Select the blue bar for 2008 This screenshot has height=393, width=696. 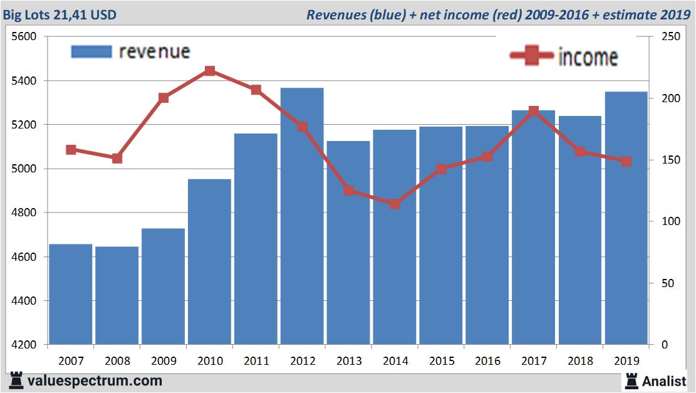[117, 295]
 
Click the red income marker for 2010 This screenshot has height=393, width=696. [210, 71]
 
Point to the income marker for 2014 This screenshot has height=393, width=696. [395, 204]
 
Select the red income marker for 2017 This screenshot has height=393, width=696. [534, 111]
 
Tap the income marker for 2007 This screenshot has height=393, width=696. [71, 150]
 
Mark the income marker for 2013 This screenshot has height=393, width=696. [348, 191]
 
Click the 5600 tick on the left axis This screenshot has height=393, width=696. [24, 36]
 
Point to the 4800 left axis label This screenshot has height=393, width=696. [24, 213]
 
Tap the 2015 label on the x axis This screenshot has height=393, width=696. [441, 361]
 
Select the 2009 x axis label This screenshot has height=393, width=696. [164, 361]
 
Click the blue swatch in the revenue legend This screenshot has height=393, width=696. [91, 51]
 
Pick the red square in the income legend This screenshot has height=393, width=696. [532, 56]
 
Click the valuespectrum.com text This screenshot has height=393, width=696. [95, 380]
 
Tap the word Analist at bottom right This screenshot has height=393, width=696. [664, 380]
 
